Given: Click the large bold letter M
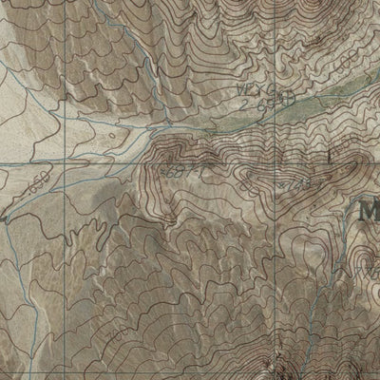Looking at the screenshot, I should (369, 211).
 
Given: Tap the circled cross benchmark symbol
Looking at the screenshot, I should (284, 97).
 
